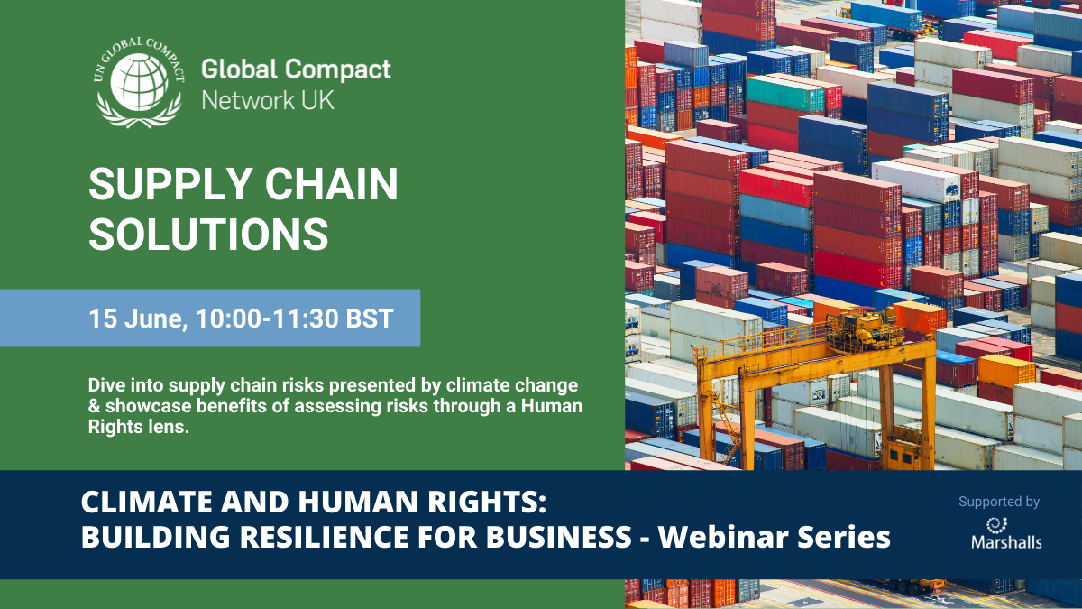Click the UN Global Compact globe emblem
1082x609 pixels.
(x=139, y=83)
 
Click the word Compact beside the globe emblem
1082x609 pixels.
(x=337, y=70)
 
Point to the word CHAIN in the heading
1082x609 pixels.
(x=332, y=184)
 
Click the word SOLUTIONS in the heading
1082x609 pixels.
(x=208, y=234)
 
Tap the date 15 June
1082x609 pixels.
(x=138, y=318)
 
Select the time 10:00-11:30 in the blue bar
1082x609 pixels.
(x=267, y=318)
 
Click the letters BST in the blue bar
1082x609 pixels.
(x=370, y=318)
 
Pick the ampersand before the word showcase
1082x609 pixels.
(x=94, y=406)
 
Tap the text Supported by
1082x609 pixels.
(x=999, y=503)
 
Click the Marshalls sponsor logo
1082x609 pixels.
(x=1006, y=533)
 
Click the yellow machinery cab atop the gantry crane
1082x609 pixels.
(x=864, y=330)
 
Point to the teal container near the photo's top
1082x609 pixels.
(x=786, y=93)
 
